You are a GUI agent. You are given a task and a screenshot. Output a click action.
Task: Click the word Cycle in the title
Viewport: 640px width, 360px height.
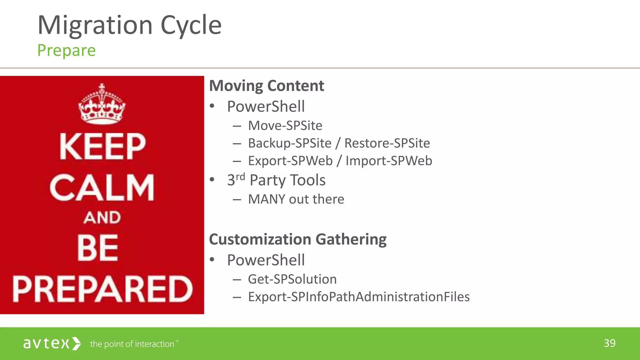pos(191,26)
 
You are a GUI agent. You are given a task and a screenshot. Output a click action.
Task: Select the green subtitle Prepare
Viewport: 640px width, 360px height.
pos(66,51)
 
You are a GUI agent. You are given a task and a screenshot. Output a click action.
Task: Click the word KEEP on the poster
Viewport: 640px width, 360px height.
pos(102,146)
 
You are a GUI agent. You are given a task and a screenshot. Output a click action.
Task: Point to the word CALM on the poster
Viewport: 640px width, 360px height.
pos(102,187)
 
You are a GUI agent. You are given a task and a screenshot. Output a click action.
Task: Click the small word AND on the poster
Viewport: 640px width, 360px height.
pos(102,217)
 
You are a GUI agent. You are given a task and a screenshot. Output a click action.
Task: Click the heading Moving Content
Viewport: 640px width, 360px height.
pos(266,86)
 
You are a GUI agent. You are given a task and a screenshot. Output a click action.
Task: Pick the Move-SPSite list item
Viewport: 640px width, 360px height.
pos(285,126)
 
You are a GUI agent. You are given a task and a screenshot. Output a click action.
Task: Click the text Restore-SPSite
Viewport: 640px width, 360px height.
pos(387,143)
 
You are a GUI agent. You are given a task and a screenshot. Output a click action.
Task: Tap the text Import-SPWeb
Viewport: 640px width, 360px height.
pos(388,161)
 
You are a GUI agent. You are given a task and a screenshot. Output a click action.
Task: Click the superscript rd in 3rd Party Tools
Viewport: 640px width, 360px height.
pos(240,177)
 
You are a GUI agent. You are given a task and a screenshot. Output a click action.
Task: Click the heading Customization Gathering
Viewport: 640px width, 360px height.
pos(297,239)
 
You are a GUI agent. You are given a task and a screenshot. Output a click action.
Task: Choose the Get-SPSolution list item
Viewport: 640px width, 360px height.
pos(292,279)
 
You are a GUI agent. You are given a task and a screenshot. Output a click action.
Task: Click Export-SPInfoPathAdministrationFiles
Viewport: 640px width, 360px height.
pos(358,297)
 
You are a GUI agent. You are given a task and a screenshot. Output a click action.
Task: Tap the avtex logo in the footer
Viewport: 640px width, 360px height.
pos(52,343)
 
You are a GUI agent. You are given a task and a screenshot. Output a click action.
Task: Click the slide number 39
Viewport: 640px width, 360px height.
pos(609,343)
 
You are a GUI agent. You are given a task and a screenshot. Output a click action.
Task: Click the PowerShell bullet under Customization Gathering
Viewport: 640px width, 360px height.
pos(266,260)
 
